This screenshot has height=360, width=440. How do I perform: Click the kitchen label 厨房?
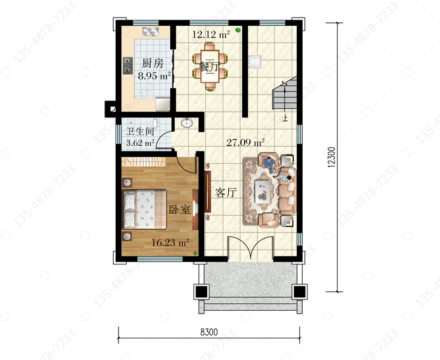coord(153,63)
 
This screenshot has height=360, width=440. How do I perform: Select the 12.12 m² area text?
coord(211,34)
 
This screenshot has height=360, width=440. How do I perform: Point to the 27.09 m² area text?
coord(246,142)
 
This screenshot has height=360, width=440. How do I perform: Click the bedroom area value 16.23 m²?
coord(170,242)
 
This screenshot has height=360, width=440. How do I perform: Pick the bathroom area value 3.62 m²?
coord(140,143)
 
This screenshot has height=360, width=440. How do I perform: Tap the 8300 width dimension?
coord(209,332)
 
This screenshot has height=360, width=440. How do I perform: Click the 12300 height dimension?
coord(331,157)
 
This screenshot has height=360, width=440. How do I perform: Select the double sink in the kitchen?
coord(151,32)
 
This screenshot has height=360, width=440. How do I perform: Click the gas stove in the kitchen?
coord(128,66)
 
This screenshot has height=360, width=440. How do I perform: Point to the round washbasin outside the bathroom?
coord(186,123)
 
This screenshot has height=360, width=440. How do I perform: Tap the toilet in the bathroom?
coord(155,123)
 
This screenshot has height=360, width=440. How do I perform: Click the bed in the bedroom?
coord(145,209)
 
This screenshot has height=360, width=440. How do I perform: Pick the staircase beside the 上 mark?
coord(285,93)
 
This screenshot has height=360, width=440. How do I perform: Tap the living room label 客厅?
coord(226,193)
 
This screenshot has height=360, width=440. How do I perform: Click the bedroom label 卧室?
coord(180,210)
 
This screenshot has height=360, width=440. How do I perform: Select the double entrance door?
coord(251,248)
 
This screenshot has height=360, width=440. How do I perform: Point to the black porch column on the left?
coord(201,291)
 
